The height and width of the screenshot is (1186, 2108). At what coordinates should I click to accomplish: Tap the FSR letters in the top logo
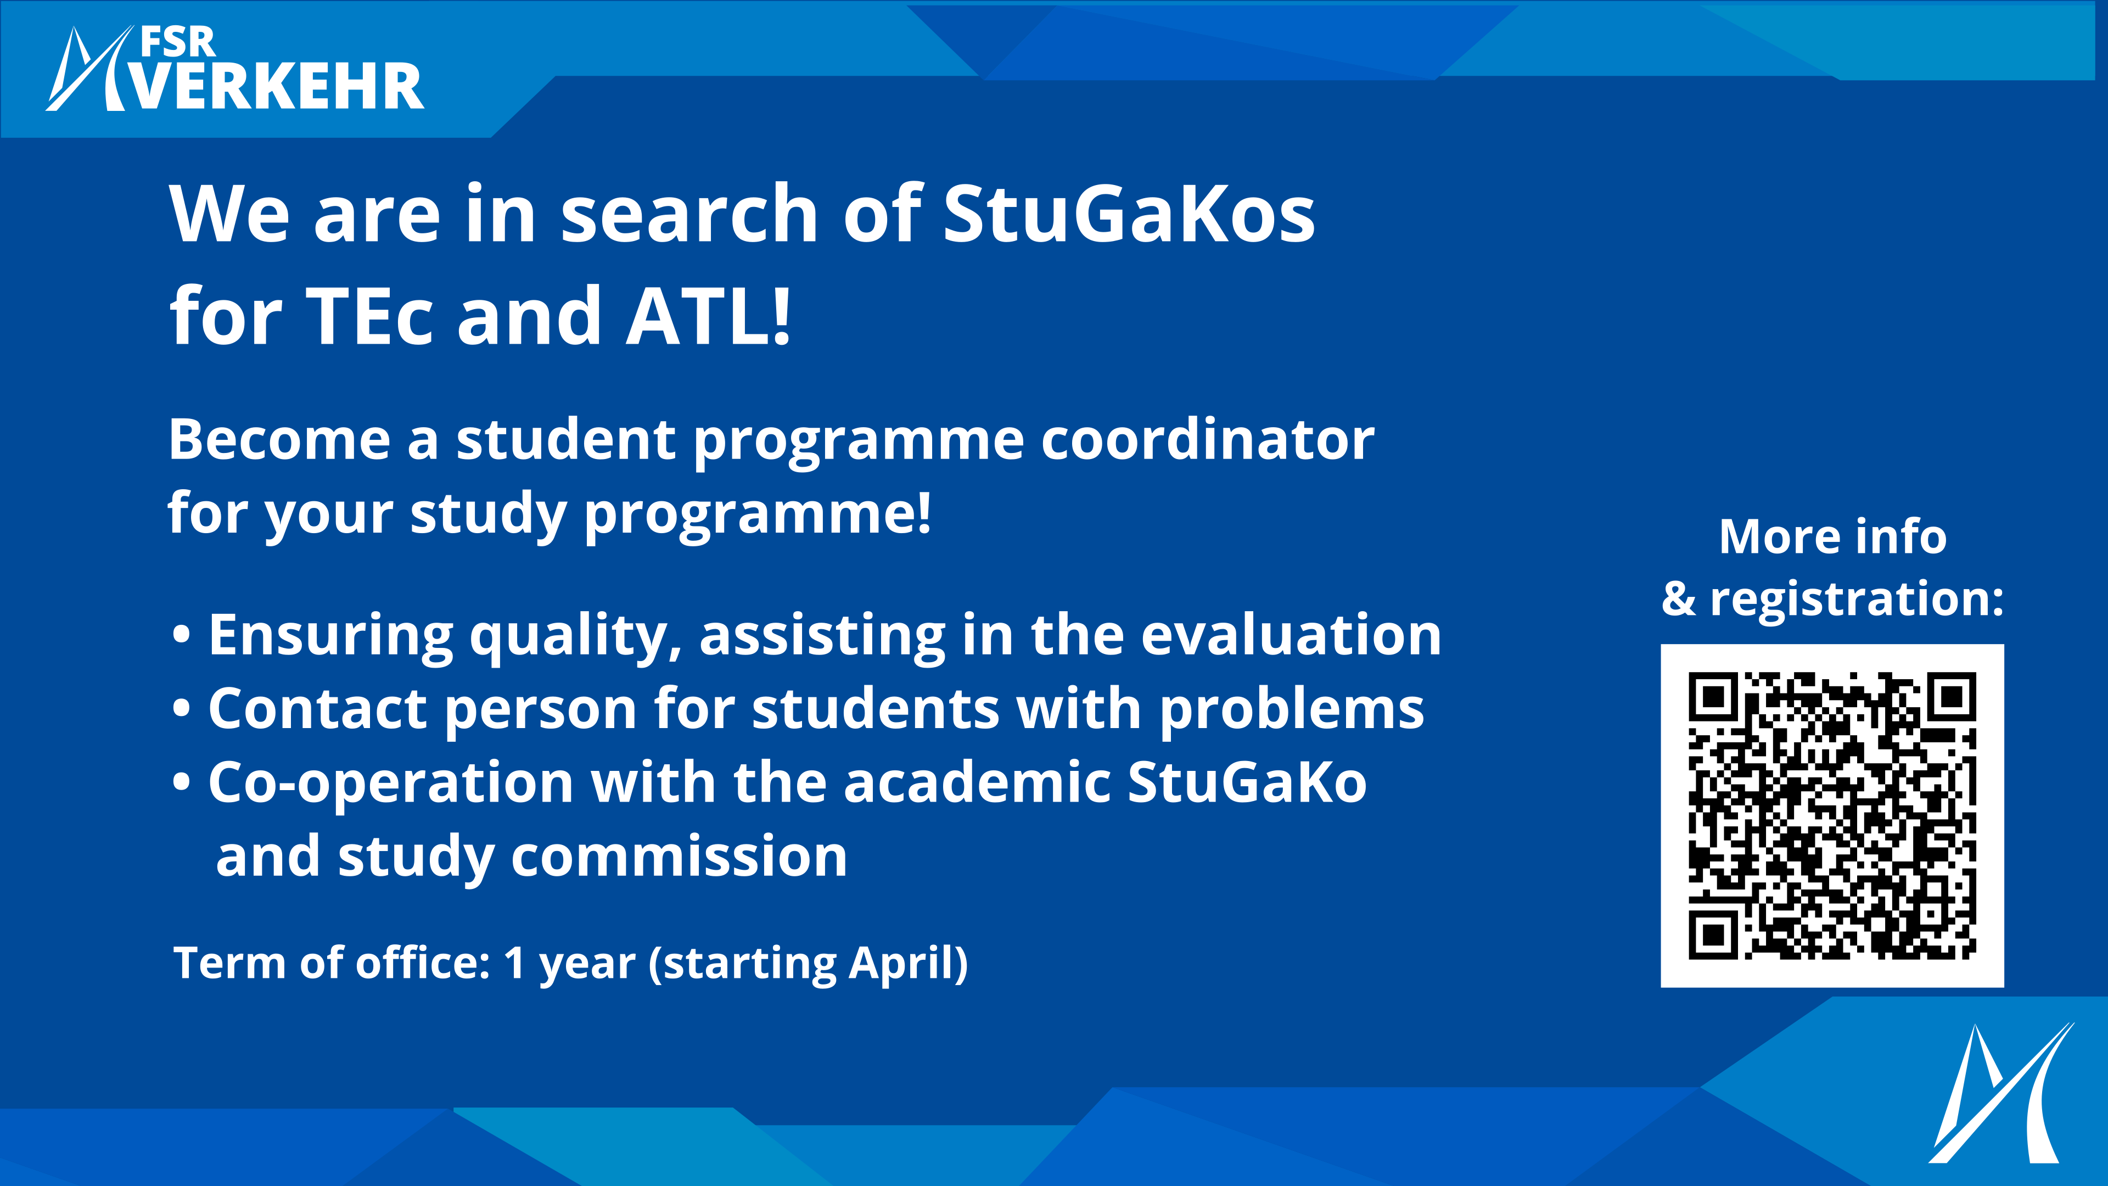click(177, 42)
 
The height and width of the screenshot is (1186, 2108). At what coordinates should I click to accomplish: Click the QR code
click(1832, 815)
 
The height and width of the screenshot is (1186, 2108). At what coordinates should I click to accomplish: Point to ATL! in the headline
click(709, 316)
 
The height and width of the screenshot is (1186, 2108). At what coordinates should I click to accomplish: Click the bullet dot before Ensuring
click(182, 637)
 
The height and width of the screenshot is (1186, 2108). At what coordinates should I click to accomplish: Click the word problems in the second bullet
click(1292, 711)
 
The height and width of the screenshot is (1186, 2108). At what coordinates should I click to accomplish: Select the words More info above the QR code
click(1832, 537)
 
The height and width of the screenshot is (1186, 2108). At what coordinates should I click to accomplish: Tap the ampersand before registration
click(1678, 598)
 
